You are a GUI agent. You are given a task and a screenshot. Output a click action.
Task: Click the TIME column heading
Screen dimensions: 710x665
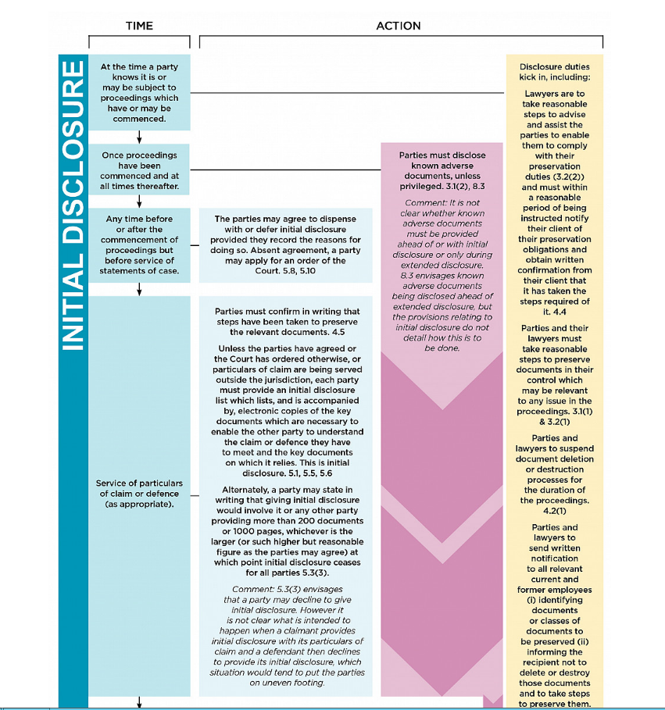click(139, 26)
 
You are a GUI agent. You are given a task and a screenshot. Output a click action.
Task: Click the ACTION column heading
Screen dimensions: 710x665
click(398, 26)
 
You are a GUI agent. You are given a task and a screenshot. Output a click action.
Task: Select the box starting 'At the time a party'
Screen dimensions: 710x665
click(139, 92)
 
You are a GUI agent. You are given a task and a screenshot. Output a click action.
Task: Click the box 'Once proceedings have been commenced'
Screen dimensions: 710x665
click(139, 170)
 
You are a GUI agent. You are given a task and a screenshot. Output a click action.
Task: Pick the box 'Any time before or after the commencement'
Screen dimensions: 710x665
click(139, 244)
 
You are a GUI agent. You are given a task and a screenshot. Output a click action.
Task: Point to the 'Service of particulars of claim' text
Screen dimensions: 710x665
click(139, 494)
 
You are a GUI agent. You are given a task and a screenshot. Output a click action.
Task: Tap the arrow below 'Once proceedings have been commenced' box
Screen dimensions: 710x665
click(139, 201)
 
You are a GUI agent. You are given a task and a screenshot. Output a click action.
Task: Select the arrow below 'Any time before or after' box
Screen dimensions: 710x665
click(139, 289)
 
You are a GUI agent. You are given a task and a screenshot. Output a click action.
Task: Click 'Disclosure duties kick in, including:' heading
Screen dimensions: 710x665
click(554, 72)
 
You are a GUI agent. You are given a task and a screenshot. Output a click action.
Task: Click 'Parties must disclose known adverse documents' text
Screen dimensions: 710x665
click(442, 166)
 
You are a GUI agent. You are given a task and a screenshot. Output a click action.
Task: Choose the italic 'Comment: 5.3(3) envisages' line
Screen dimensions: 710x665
click(287, 589)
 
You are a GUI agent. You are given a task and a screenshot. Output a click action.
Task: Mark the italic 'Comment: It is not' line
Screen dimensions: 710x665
click(442, 202)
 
